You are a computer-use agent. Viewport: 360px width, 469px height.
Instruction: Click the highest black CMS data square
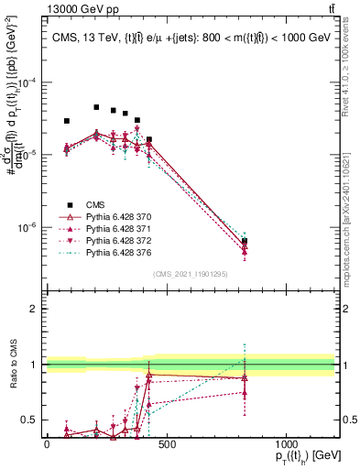point(96,107)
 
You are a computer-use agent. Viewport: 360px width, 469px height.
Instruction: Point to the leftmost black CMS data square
point(67,121)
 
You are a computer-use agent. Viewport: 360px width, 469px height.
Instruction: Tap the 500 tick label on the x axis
point(166,443)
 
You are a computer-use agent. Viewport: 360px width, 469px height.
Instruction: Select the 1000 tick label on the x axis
point(286,443)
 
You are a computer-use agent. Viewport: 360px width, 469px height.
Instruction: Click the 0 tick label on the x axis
point(47,443)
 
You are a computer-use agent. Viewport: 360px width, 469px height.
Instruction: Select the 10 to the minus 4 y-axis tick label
point(27,82)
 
